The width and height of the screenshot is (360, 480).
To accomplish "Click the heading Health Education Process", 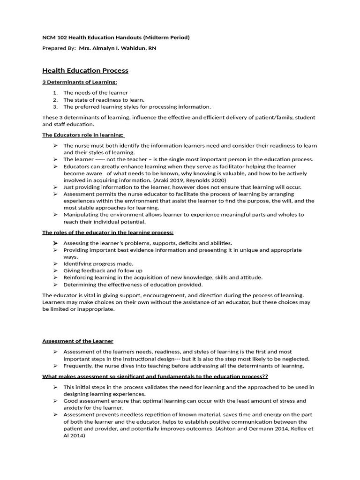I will (x=85, y=71).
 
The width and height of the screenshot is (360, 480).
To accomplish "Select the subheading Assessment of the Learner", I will (x=78, y=341).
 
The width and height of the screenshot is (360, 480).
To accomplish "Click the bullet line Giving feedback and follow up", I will (x=103, y=270).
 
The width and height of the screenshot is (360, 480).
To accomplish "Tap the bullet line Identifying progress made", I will (x=98, y=263).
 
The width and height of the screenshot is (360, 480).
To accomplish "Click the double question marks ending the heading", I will (x=265, y=376).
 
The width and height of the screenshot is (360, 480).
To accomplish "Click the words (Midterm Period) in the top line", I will (x=166, y=37).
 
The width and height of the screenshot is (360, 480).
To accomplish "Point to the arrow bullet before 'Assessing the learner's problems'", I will (x=55, y=243).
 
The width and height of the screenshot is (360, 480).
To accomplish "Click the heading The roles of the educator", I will (x=108, y=232).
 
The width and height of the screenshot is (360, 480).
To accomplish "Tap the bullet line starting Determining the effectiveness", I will (x=133, y=285).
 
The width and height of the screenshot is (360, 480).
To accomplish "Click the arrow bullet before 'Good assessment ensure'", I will (x=55, y=401).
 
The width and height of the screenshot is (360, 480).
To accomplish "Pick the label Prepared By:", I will (x=59, y=48).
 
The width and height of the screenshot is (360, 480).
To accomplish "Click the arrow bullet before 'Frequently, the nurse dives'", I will (x=55, y=366).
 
